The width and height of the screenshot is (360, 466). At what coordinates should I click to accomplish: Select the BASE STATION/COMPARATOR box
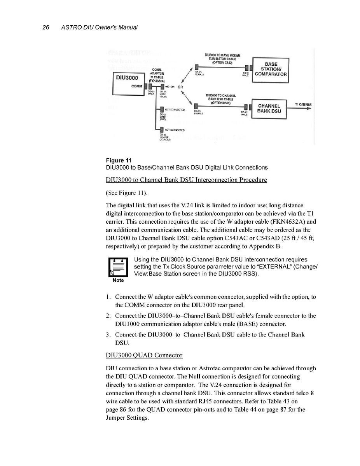pos(271,70)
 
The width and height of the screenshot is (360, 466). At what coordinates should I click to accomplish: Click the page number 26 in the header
pos(45,27)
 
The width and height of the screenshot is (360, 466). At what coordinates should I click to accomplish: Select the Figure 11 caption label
pos(119,160)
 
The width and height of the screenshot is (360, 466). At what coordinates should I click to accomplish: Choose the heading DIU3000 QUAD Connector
pos(144,355)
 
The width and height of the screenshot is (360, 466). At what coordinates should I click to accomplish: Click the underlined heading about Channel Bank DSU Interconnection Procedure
pos(186,180)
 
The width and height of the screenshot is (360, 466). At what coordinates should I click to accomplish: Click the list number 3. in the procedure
pos(108,335)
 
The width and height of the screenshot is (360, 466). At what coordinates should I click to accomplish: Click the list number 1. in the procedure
pos(108,297)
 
